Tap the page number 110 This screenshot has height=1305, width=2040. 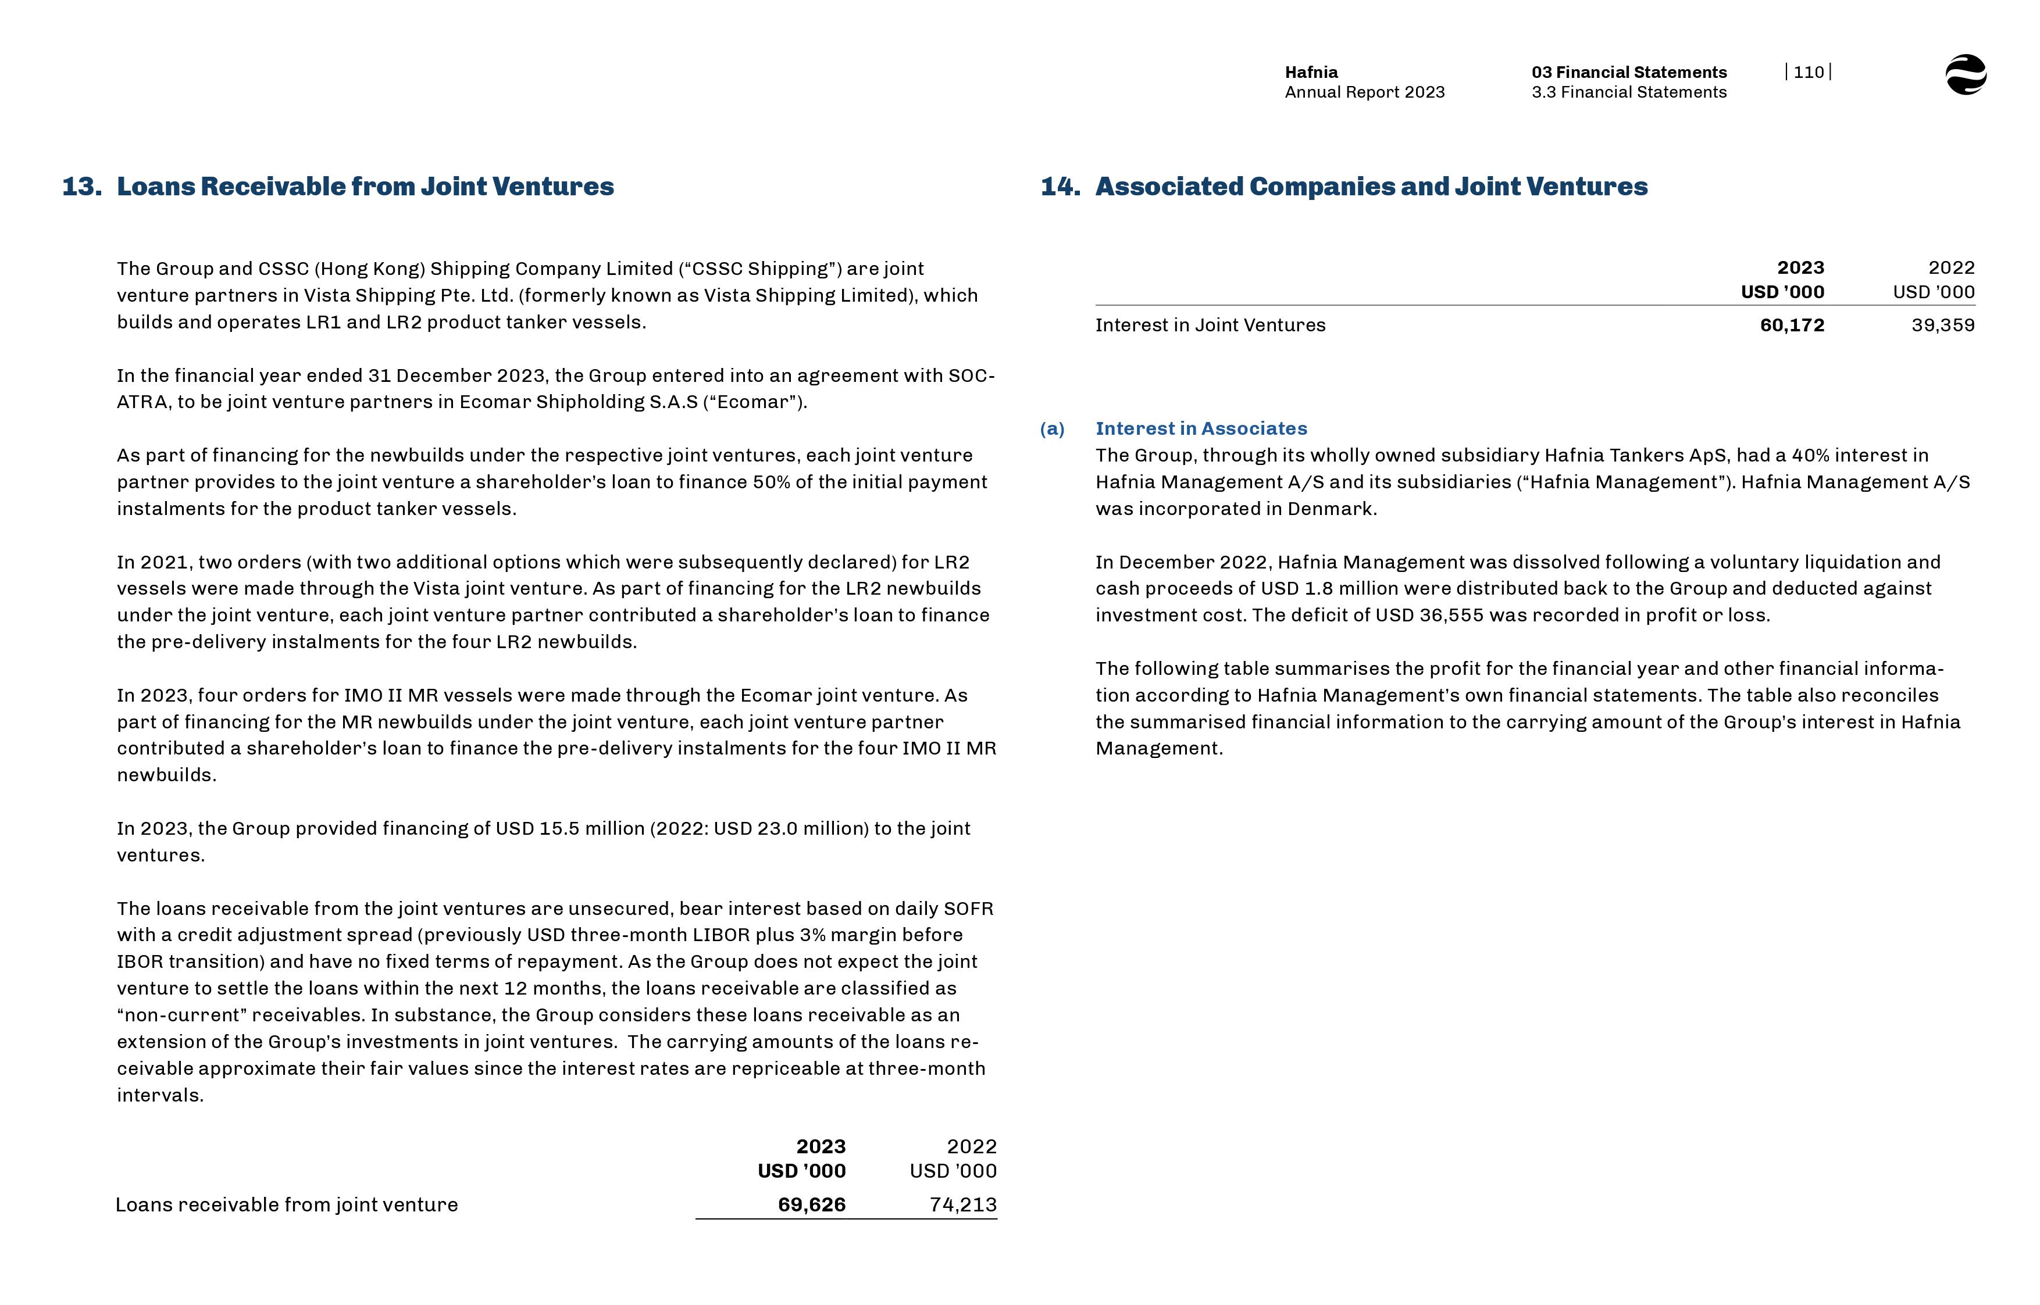(1808, 72)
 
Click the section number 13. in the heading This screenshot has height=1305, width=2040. (81, 187)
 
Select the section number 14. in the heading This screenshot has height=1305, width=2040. (1060, 187)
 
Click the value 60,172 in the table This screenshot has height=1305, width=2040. (1792, 326)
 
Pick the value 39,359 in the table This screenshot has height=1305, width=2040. (1942, 326)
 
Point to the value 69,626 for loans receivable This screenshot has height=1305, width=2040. (811, 1204)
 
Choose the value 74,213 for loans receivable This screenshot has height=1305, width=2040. (963, 1204)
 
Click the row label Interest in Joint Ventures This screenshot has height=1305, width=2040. (1210, 326)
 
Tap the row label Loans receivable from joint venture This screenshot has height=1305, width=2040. (287, 1204)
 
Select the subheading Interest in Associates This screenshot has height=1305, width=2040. (1201, 429)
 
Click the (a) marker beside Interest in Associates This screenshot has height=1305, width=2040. (1052, 429)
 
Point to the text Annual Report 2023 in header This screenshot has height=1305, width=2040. (1364, 92)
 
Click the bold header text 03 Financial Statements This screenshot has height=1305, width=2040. (1628, 72)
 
